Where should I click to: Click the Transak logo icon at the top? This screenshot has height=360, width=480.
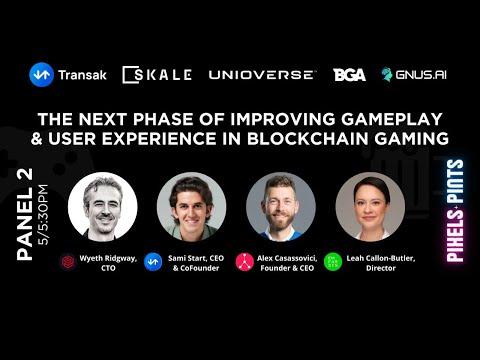41,75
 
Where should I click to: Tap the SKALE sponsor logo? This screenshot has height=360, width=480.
157,75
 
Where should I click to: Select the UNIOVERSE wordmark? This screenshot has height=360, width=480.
261,75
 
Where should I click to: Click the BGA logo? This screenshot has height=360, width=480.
349,75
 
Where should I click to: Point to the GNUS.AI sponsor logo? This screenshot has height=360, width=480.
414,75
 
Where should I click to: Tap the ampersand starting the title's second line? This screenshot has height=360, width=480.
37,139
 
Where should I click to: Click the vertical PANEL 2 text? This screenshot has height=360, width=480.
25,214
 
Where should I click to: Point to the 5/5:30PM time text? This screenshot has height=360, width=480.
43,215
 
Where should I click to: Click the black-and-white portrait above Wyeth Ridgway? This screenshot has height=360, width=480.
103,207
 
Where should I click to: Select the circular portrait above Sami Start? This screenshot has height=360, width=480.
192,207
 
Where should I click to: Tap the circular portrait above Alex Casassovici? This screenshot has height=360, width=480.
281,207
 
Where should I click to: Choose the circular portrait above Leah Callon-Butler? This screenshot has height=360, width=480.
370,207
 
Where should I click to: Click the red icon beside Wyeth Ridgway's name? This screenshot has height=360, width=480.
68,262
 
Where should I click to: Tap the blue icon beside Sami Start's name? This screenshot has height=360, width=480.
153,262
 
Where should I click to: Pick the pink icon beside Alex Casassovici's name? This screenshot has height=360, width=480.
245,262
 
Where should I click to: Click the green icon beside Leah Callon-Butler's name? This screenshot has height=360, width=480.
333,262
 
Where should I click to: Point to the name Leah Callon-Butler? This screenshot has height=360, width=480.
381,258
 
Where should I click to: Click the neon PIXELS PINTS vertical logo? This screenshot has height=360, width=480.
455,211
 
